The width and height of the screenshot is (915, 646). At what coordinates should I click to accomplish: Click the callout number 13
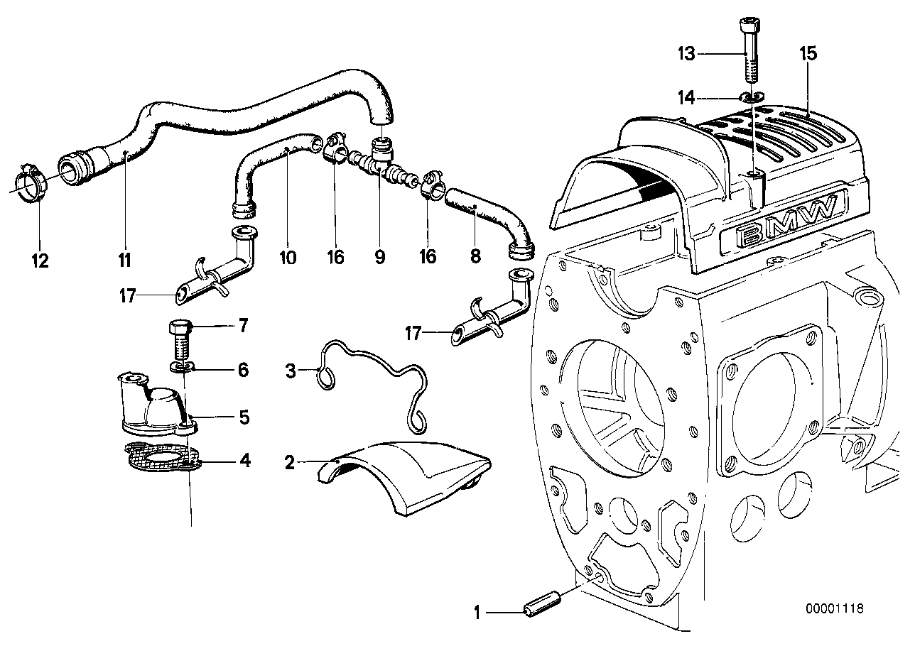(x=686, y=54)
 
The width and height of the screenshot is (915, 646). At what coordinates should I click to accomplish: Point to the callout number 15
(x=808, y=53)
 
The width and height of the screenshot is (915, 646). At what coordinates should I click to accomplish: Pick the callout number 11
(x=125, y=259)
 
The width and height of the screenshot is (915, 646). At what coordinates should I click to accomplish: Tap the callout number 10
(x=287, y=256)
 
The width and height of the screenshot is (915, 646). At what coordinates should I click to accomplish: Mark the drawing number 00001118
(x=835, y=609)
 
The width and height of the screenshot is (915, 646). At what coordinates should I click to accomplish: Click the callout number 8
(x=475, y=256)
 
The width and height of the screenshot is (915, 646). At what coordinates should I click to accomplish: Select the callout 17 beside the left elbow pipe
(x=127, y=296)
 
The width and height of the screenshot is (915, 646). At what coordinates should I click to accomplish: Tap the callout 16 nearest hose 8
(x=427, y=256)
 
